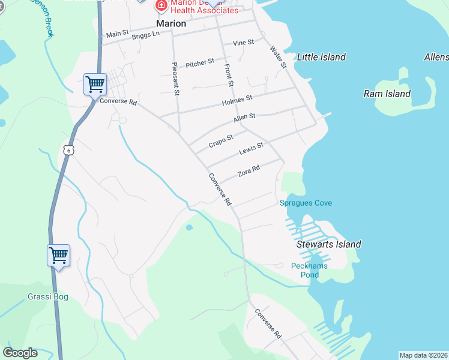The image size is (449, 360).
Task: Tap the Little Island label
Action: click(x=322, y=57)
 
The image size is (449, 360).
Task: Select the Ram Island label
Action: click(x=387, y=94)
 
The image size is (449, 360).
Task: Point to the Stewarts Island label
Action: click(x=329, y=244)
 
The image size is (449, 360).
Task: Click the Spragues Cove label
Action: click(x=306, y=203)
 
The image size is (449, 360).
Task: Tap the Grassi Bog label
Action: click(x=48, y=296)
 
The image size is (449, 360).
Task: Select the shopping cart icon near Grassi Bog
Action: click(x=59, y=256)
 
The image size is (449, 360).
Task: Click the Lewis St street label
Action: click(x=251, y=148)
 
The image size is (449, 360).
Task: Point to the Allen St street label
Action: click(x=244, y=118)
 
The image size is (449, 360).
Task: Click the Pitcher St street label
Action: click(x=200, y=63)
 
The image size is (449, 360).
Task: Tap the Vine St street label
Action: click(x=244, y=43)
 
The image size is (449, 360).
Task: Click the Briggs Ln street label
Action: click(x=146, y=35)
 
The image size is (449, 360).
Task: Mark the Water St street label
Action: click(x=278, y=58)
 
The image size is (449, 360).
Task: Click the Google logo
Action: click(x=20, y=353)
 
